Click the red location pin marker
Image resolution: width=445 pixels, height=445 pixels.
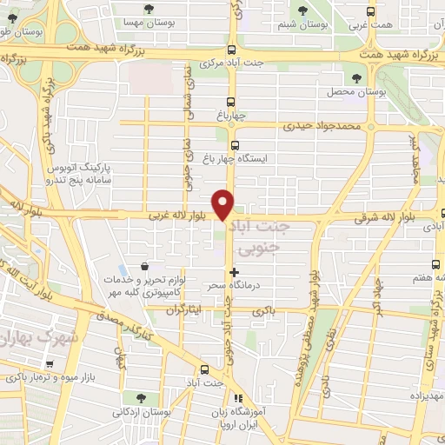click(224, 205)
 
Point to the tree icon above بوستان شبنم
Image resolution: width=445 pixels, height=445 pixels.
click(302, 10)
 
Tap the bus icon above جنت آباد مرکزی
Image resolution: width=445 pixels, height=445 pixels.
click(230, 50)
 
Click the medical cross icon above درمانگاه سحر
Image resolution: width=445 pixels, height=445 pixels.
click(233, 272)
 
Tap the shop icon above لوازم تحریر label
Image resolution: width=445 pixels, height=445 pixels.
click(144, 267)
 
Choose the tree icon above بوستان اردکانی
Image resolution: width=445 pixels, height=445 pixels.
click(128, 397)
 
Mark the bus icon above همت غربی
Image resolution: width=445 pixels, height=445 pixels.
click(371, 11)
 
